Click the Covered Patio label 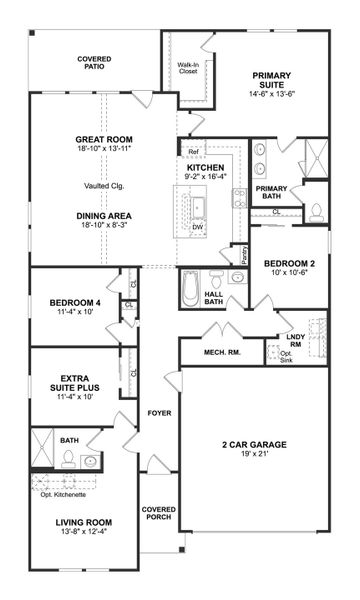point(94,64)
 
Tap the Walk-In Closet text point(188,70)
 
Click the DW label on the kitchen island point(198,227)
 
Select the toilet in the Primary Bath point(317,211)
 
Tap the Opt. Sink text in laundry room point(284,357)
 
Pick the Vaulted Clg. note point(104,186)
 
